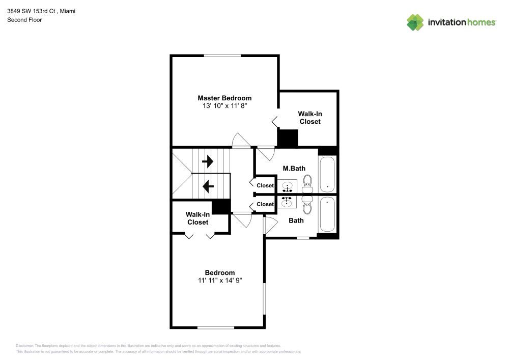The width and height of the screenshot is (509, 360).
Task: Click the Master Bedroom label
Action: point(224,98)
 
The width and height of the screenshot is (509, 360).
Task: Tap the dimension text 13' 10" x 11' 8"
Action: point(224,106)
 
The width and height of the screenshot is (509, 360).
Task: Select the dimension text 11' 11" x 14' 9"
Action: point(220,281)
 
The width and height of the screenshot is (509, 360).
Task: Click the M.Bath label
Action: point(294,168)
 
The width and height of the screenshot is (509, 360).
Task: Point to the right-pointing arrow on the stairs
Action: point(208,162)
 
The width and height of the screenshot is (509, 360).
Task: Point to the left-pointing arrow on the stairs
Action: point(208,186)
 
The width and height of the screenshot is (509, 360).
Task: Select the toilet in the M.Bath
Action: point(307,183)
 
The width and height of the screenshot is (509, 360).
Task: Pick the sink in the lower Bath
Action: point(288,202)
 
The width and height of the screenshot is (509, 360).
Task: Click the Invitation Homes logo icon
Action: point(415,22)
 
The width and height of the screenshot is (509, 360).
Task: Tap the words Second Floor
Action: point(24,20)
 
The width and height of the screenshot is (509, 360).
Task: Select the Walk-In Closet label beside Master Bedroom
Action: point(310,118)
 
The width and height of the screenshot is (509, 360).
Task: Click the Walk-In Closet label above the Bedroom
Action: point(197,218)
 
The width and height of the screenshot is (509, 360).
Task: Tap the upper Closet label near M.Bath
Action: point(265,186)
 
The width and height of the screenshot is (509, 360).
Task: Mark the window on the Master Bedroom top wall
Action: point(223,55)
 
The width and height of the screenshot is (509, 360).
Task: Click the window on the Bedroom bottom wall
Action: point(215,327)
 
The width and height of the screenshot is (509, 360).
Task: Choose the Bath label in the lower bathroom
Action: point(296,220)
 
